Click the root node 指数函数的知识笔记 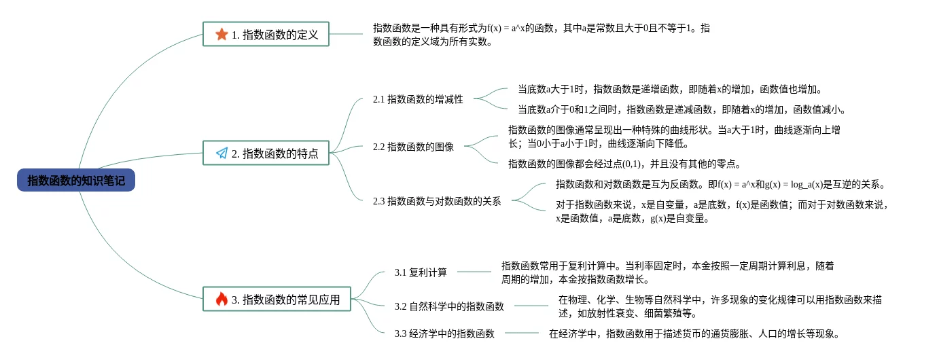click(76, 180)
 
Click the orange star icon click(222, 34)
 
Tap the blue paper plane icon click(222, 154)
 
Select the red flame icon click(222, 299)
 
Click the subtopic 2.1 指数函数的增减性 click(418, 99)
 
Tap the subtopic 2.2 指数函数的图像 click(413, 146)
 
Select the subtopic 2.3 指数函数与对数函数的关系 click(437, 201)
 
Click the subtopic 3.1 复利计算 click(421, 272)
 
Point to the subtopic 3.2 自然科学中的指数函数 click(449, 306)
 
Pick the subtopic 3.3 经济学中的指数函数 click(444, 334)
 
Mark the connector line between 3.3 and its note click(521, 334)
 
